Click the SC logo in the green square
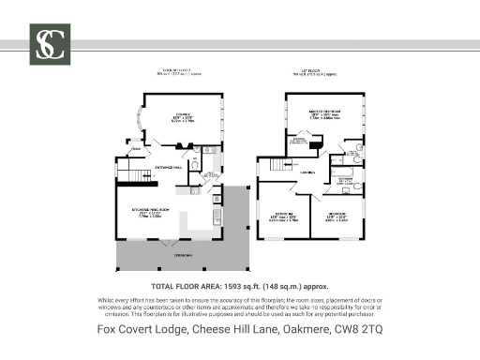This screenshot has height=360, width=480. [x=47, y=44]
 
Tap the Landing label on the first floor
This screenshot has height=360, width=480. [x=307, y=172]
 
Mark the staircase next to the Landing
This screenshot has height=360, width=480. [x=277, y=165]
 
